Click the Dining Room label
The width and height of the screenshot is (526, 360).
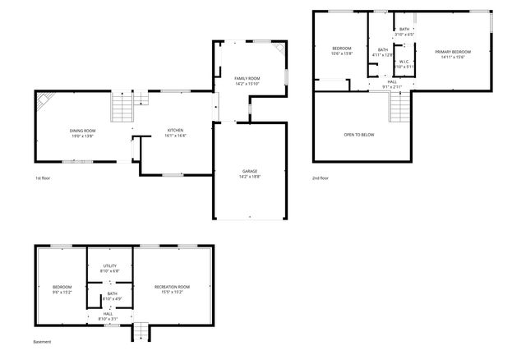click(x=82, y=131)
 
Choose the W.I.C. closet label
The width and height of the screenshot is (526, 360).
click(x=404, y=62)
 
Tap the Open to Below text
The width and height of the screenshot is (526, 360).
click(x=359, y=134)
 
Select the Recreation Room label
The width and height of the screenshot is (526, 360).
click(x=172, y=287)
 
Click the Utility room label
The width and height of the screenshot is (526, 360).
click(x=110, y=265)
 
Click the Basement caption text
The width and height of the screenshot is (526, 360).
click(x=42, y=341)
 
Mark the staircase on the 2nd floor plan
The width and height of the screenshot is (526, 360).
click(x=399, y=106)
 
